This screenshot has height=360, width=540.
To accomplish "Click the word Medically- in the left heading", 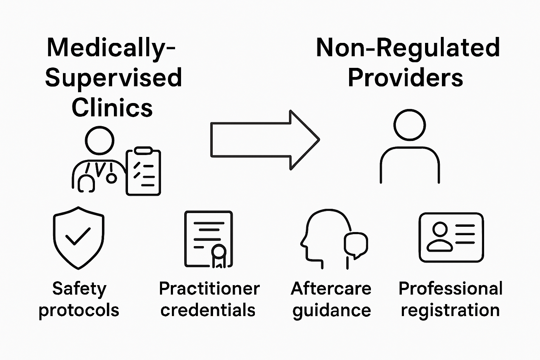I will click(x=111, y=49).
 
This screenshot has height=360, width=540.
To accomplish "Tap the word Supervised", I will click(x=114, y=78).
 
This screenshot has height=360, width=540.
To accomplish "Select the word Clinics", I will click(x=112, y=108).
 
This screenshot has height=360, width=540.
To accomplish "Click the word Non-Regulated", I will click(x=408, y=48).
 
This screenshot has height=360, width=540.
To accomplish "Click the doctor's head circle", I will click(x=99, y=141).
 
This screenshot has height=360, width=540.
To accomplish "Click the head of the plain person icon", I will click(x=410, y=125).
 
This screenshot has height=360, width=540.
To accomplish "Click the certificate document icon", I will click(x=208, y=239).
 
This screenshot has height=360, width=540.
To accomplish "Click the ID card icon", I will click(x=451, y=237).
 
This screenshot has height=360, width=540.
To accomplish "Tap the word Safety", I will click(x=79, y=289).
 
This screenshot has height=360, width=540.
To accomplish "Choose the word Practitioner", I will click(x=209, y=289).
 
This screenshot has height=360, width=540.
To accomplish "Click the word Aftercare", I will click(x=331, y=289).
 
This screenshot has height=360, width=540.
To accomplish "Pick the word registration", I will click(x=450, y=310).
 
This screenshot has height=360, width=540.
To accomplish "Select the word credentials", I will click(x=208, y=310).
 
